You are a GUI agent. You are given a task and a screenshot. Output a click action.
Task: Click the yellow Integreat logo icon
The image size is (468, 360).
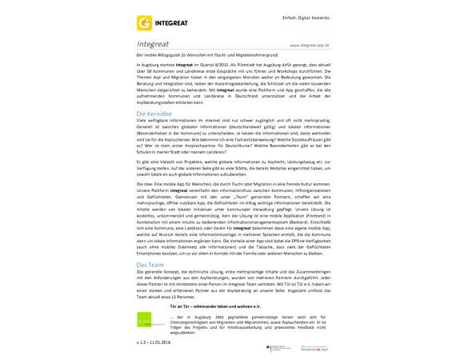pos(145,23)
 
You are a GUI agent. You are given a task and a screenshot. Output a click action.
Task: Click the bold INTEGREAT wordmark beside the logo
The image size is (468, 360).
pos(171,23)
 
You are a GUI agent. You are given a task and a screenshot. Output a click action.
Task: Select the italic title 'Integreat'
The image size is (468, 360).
pos(153,44)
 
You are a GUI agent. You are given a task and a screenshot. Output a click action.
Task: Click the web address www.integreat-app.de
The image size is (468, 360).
pos(310,46)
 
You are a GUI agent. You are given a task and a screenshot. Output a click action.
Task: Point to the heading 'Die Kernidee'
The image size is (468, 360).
pos(154,114)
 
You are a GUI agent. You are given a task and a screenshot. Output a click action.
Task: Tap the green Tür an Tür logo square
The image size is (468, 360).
pos(144,320)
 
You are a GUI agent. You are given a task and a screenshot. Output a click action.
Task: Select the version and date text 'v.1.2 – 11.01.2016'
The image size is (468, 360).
pos(154,342)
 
